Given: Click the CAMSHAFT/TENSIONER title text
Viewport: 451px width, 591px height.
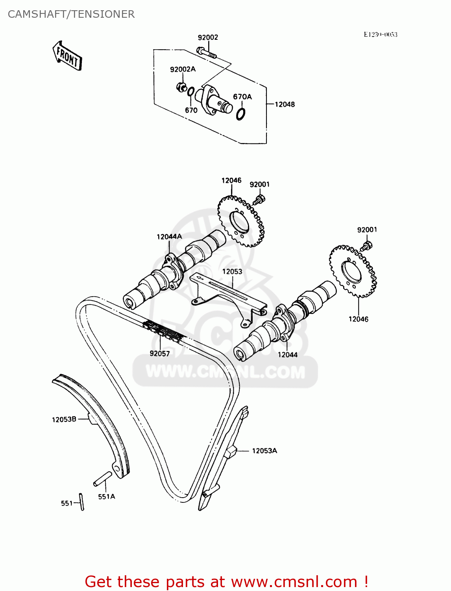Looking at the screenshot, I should [x=71, y=14].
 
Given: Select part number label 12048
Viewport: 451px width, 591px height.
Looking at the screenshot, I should [x=285, y=104].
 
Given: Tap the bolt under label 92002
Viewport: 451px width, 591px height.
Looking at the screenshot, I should [x=206, y=52].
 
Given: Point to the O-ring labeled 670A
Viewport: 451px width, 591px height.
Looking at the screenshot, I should [x=241, y=113].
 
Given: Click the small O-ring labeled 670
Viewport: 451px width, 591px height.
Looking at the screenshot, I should [x=190, y=92].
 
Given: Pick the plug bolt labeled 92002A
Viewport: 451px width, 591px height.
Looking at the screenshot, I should [x=181, y=87].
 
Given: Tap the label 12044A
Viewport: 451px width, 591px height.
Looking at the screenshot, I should [x=169, y=237].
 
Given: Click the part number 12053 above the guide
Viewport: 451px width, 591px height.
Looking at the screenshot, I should [x=232, y=271].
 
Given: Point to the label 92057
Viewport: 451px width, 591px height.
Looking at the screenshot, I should [x=160, y=353].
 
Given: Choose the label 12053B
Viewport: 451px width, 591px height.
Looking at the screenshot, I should [x=64, y=420].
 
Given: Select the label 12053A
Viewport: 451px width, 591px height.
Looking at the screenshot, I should [x=264, y=451].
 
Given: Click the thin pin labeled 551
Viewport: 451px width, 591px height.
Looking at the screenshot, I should [x=82, y=502].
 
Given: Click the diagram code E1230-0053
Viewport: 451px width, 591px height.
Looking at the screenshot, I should [x=380, y=35].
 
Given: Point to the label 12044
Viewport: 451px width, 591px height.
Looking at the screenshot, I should [x=288, y=355].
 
